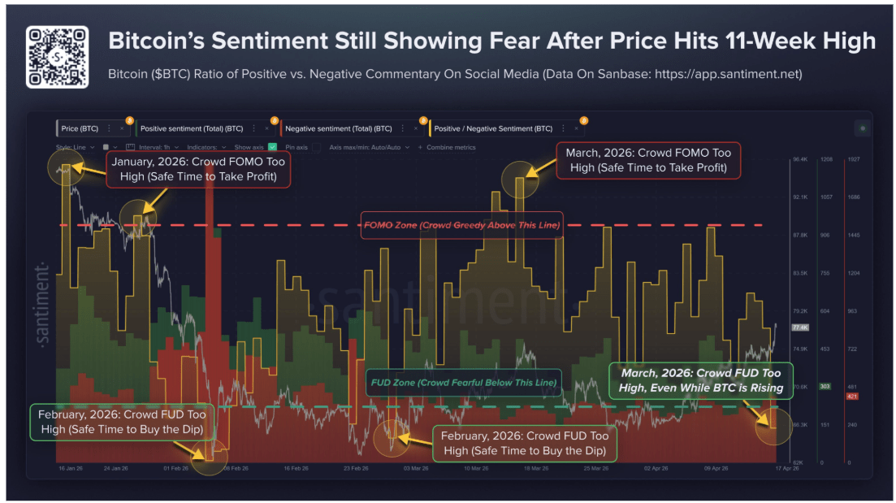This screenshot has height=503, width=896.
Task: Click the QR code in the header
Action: pyautogui.click(x=57, y=57)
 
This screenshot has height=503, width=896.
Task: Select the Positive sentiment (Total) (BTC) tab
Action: pyautogui.click(x=192, y=128)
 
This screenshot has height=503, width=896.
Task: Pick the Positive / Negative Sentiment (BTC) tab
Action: pyautogui.click(x=493, y=128)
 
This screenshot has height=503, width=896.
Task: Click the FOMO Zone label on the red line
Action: pyautogui.click(x=461, y=224)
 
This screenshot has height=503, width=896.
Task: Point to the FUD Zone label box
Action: pyautogui.click(x=463, y=382)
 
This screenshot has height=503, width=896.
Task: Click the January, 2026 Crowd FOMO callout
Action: pyautogui.click(x=198, y=171)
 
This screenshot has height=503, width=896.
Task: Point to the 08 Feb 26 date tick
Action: pyautogui.click(x=236, y=469)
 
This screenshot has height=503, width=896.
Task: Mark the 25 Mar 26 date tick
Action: pyautogui.click(x=595, y=469)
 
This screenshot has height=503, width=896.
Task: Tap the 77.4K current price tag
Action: pyautogui.click(x=799, y=327)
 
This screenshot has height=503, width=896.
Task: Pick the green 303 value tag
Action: pyautogui.click(x=825, y=387)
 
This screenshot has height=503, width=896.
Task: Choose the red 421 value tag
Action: pyautogui.click(x=852, y=396)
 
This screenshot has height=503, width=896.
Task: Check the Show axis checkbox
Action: pyautogui.click(x=272, y=147)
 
